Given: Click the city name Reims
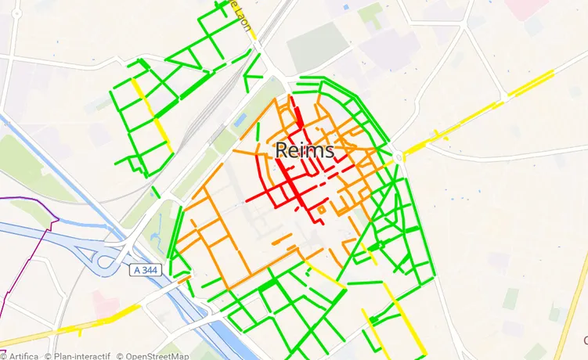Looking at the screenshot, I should (305, 150).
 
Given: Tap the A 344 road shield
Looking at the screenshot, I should (147, 269).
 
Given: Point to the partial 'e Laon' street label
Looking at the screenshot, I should (241, 16).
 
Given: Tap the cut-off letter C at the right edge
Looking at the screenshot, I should (585, 340).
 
